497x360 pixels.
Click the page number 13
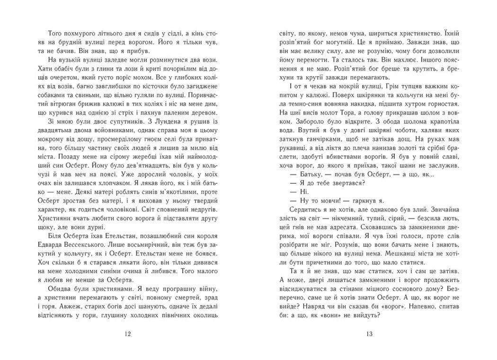click(370, 334)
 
